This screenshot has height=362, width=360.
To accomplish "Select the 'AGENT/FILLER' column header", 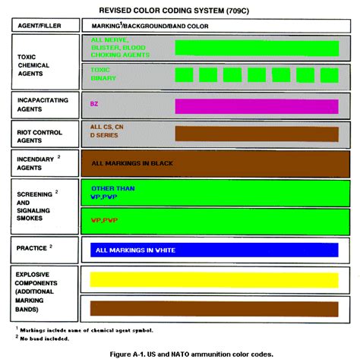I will pyautogui.click(x=39, y=26).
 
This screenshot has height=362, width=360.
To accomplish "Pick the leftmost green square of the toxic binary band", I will pyautogui.click(x=183, y=75).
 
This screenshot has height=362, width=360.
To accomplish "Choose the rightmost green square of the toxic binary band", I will pyautogui.click(x=329, y=75).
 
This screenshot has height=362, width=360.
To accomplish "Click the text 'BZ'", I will pyautogui.click(x=94, y=104).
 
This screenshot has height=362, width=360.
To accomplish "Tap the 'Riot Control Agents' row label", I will pyautogui.click(x=35, y=134).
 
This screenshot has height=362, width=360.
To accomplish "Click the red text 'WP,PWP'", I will pyautogui.click(x=106, y=219).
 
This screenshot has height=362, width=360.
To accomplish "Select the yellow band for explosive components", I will pyautogui.click(x=213, y=279).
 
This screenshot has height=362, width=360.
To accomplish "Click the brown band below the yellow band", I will pyautogui.click(x=213, y=307).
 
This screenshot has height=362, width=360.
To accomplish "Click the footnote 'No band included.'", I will pyautogui.click(x=46, y=338).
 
